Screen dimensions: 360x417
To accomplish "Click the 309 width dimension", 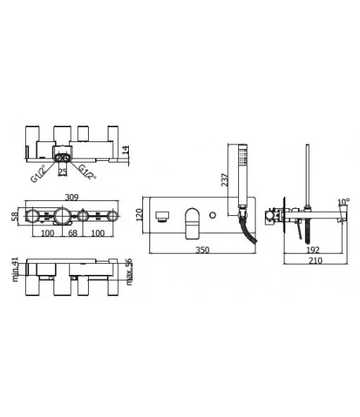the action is coord(72,197).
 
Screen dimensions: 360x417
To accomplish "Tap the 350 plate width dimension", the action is coord(203,250).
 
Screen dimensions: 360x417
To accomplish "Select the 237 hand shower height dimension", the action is coord(225,180).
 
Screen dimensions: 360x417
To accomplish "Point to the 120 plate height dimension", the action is coord(139,215).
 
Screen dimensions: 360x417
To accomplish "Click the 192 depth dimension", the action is coord(313,250).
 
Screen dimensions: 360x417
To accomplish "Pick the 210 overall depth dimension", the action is coord(315,261).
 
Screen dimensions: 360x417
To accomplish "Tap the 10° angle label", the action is coord(343,203).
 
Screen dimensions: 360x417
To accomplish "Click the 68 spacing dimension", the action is coord(72,233).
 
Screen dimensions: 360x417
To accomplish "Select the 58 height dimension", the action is coord(16,216).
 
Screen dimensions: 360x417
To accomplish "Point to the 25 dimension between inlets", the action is coord(63,172).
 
